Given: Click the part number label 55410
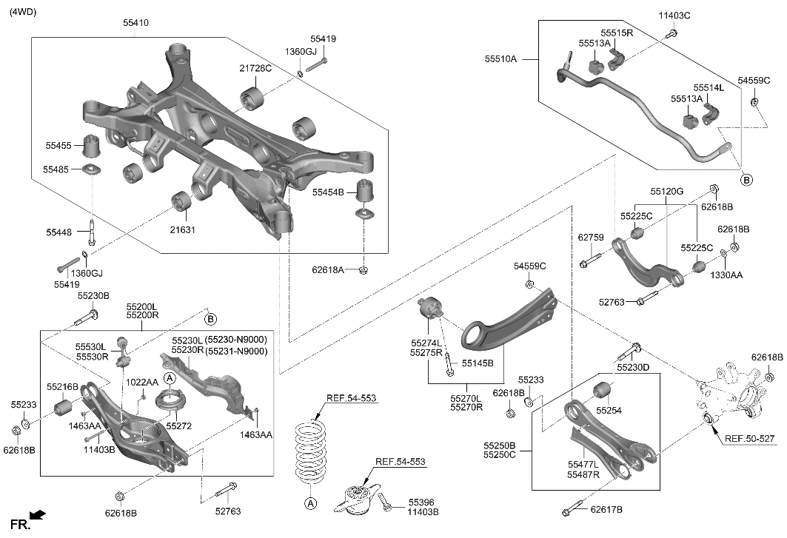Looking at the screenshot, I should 135,24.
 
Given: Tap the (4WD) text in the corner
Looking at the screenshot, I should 23,12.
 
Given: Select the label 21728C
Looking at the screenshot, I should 255,69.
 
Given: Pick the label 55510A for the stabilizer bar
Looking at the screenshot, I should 501,58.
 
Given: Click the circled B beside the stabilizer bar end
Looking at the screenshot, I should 746,180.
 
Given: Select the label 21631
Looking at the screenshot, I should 182,230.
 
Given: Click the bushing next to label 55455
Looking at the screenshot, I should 93,144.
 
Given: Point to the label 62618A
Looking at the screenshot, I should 328,271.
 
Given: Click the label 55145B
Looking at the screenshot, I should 478,363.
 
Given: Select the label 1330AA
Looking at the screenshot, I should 728,275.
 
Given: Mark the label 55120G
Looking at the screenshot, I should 667,191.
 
